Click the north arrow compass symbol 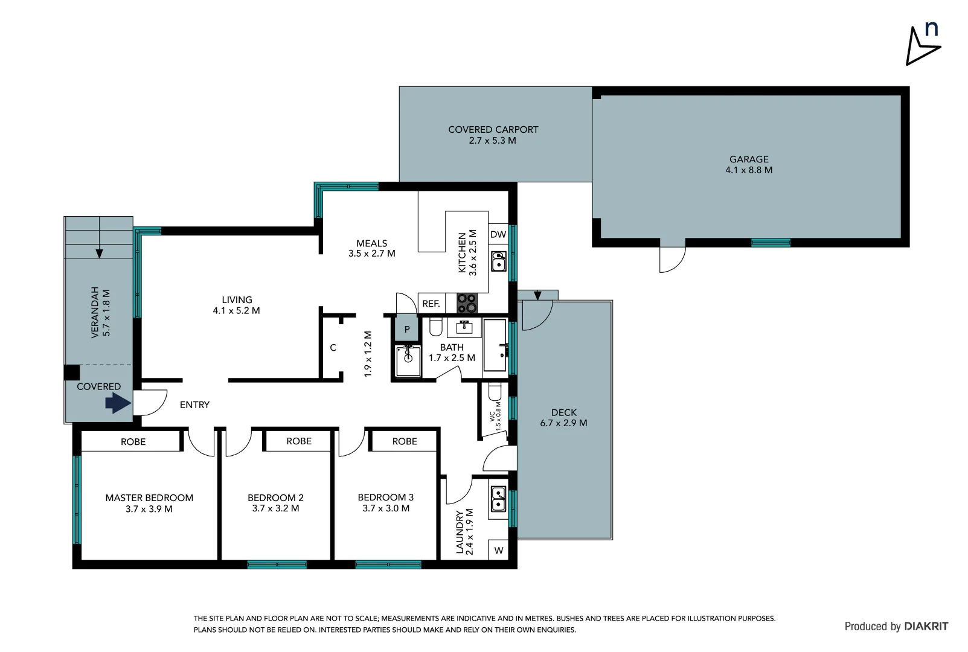pyautogui.click(x=922, y=45)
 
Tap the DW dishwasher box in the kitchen pyautogui.click(x=498, y=234)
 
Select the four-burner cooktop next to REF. pyautogui.click(x=467, y=302)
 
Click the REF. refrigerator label pyautogui.click(x=431, y=304)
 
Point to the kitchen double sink pyautogui.click(x=498, y=261)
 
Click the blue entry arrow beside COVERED pyautogui.click(x=118, y=403)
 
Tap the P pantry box pyautogui.click(x=406, y=330)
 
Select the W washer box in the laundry pyautogui.click(x=498, y=550)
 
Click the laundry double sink pyautogui.click(x=498, y=499)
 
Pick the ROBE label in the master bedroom pyautogui.click(x=133, y=442)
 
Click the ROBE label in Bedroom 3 pyautogui.click(x=405, y=441)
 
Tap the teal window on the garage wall pyautogui.click(x=771, y=243)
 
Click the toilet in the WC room pyautogui.click(x=495, y=392)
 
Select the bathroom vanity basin pyautogui.click(x=464, y=328)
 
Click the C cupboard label pyautogui.click(x=333, y=348)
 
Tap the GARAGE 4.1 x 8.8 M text pyautogui.click(x=749, y=164)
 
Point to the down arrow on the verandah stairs pyautogui.click(x=99, y=254)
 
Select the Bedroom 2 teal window pyautogui.click(x=277, y=565)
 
